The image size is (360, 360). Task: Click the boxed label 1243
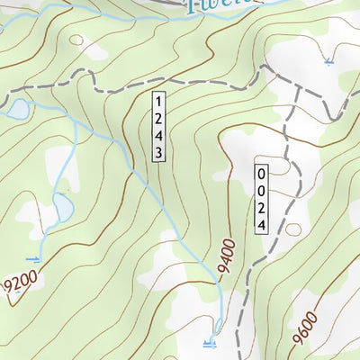tap(157, 126)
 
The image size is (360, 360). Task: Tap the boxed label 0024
tap(261, 199)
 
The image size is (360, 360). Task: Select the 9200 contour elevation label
tap(19, 286)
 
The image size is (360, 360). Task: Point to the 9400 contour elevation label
tap(225, 256)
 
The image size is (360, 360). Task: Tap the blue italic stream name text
tap(216, 7)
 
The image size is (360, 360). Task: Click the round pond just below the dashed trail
tap(16, 110)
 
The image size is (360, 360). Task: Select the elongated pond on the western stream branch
tap(62, 210)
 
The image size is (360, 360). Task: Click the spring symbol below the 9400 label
tap(209, 342)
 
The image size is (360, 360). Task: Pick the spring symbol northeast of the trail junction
tap(328, 62)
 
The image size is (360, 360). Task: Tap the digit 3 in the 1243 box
tap(157, 154)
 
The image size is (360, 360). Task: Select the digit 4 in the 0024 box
tap(261, 226)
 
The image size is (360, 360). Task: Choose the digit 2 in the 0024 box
tap(261, 208)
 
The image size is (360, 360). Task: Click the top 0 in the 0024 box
tap(261, 172)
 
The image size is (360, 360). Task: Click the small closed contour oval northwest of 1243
tap(76, 40)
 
